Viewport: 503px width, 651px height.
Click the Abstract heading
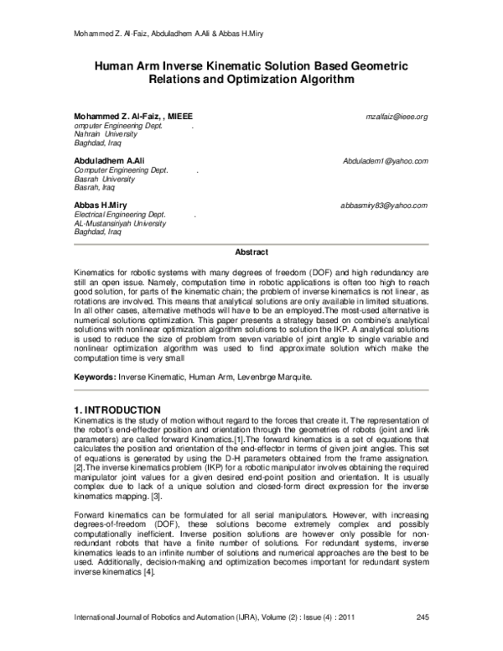click(x=251, y=253)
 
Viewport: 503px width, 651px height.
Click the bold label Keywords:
click(x=95, y=378)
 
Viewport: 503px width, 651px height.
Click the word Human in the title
click(x=118, y=64)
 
